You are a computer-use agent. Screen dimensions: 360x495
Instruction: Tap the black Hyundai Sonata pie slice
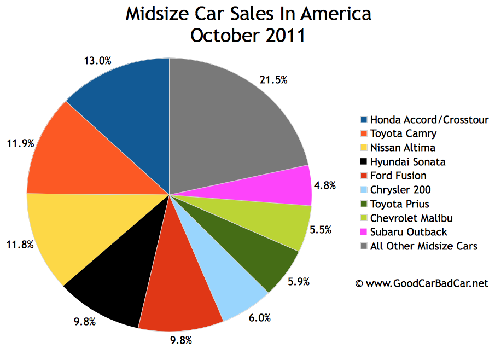click(x=109, y=284)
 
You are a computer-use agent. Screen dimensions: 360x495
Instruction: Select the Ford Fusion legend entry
click(x=398, y=176)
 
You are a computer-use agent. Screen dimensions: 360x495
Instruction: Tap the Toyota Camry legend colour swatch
click(x=364, y=133)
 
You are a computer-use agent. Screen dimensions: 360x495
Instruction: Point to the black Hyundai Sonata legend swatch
click(x=364, y=162)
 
